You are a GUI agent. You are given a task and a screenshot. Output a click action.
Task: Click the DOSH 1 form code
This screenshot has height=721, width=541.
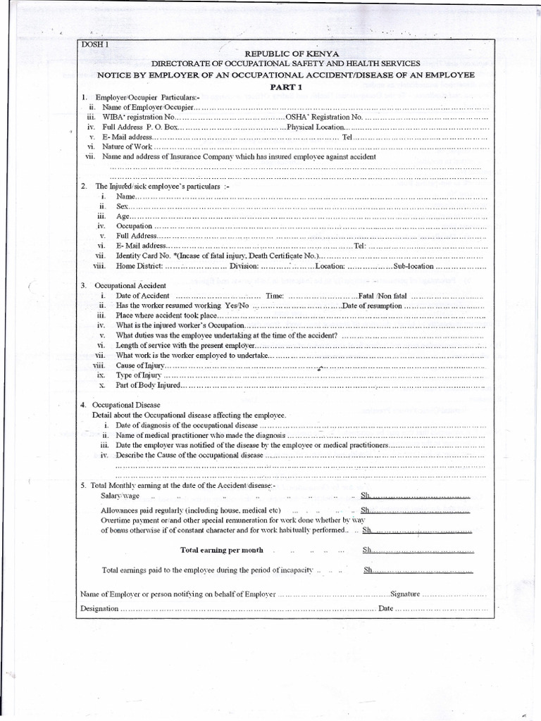click(94, 46)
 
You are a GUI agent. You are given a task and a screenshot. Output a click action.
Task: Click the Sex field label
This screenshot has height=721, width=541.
click(123, 206)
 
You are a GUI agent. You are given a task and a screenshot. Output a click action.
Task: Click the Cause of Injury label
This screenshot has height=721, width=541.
click(139, 366)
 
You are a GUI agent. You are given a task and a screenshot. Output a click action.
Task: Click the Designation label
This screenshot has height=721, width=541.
click(99, 608)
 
